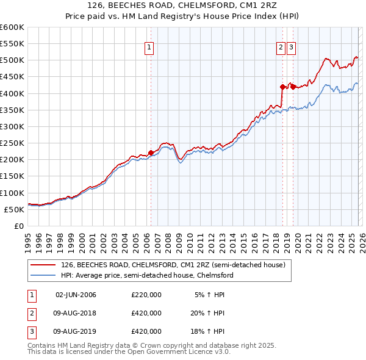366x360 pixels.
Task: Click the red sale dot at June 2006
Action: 151,153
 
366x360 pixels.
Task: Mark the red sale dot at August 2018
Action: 282,87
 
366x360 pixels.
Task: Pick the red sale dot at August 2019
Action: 293,87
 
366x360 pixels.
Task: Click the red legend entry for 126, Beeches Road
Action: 173,265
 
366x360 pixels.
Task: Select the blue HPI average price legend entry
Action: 146,275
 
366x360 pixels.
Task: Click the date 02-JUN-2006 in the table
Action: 76,295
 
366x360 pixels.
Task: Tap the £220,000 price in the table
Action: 146,295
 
